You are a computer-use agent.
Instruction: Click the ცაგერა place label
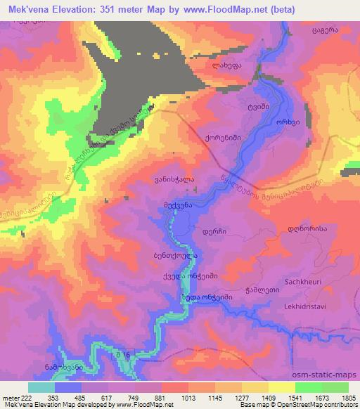tap(326, 32)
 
